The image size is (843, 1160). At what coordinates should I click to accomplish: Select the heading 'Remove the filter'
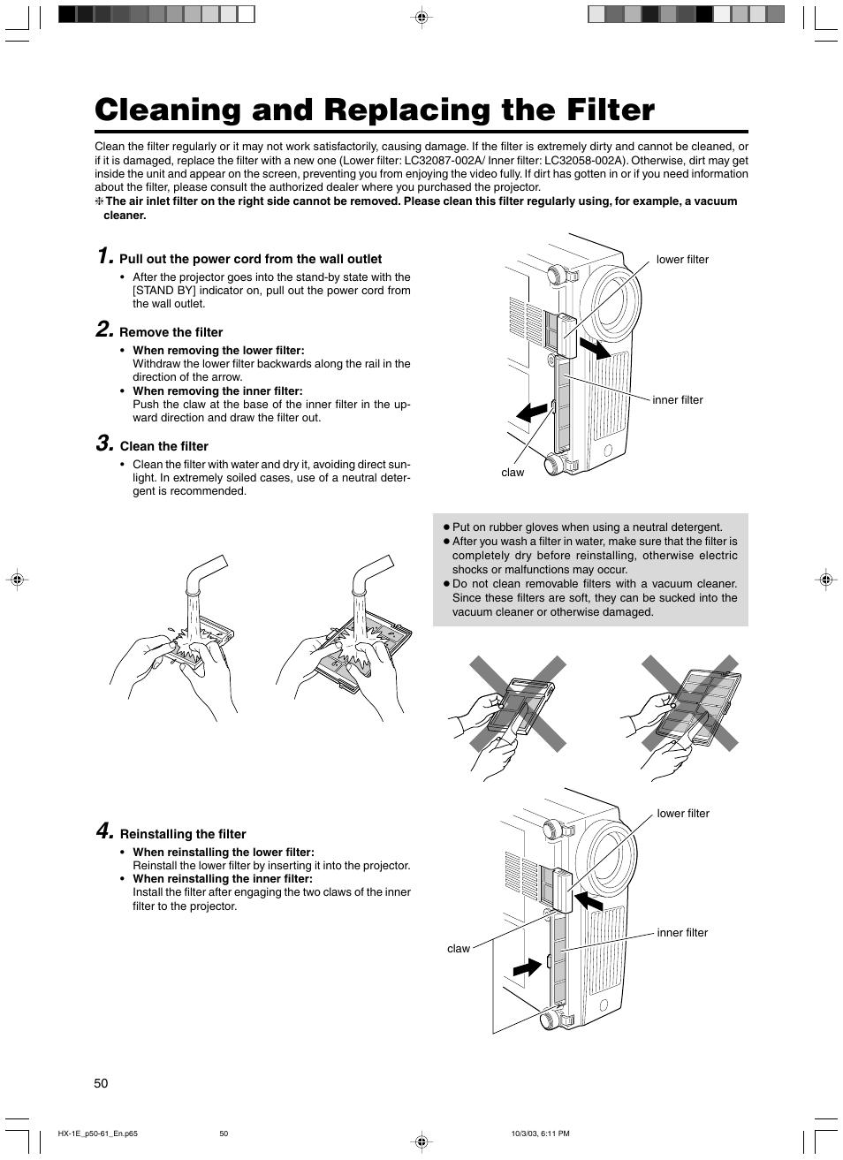171,332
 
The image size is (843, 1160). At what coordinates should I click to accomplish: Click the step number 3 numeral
104,444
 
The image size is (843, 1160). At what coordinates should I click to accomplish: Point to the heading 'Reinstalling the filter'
183,834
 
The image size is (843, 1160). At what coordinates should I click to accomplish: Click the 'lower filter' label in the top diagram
682,260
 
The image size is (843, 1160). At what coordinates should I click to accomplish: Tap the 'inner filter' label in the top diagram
678,400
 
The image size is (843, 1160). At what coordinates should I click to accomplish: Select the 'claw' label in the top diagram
513,473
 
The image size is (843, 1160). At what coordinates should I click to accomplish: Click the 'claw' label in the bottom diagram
459,949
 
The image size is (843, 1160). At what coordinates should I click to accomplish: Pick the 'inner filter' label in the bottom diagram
682,933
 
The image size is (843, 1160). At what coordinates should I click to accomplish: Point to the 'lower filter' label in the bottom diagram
683,814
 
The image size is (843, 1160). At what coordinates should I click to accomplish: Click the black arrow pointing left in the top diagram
532,412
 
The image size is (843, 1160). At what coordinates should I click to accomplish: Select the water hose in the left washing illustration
204,578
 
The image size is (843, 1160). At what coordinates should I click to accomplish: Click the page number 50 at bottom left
101,1083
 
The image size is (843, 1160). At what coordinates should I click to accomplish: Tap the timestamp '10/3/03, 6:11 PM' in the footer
540,1133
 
